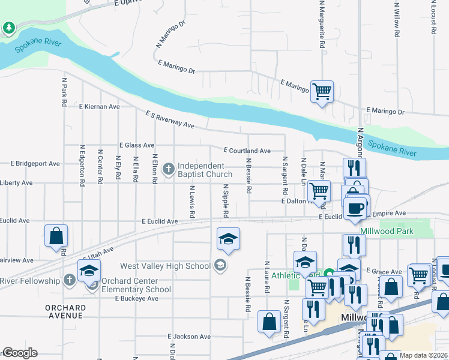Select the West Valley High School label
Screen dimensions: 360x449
pos(165,266)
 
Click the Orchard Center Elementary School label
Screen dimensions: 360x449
pos(137,285)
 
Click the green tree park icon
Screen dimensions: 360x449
pos(9,28)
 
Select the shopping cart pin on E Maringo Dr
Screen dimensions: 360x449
pos(322,92)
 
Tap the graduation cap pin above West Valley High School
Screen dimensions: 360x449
pos(228,239)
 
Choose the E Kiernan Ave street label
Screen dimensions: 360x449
pos(100,106)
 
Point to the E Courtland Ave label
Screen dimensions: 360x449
pos(247,151)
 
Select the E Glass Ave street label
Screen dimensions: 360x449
pos(137,145)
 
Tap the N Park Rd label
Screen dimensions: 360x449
pos(63,91)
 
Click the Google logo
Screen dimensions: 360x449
pos(20,353)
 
